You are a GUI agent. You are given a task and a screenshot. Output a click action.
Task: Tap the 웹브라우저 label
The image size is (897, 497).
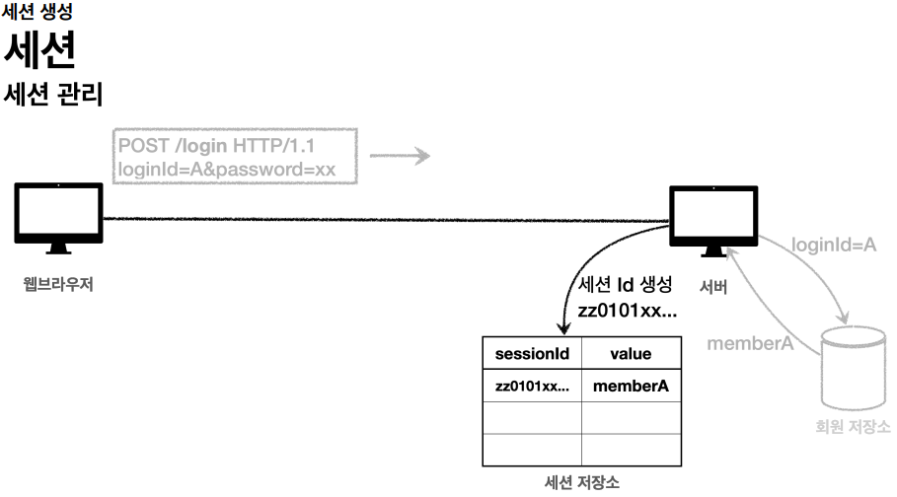tap(58, 285)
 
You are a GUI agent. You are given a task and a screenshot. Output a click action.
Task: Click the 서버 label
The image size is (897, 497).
tap(713, 288)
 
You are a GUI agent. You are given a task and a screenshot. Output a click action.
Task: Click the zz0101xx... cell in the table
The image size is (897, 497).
tap(532, 387)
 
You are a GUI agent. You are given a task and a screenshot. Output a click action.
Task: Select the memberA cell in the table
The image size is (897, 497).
tap(631, 387)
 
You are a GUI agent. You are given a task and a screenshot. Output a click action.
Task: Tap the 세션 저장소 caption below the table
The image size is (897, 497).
tap(582, 482)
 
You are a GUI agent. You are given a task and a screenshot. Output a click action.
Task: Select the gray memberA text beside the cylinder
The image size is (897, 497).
tap(751, 342)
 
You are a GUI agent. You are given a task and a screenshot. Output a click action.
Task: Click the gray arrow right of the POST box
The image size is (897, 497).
tap(400, 156)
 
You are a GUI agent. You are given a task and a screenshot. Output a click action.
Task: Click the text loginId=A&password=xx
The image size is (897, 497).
tap(227, 170)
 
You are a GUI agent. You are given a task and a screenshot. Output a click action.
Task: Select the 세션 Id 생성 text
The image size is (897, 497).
tap(626, 285)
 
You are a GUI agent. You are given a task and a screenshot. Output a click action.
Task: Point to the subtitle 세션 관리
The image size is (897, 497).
tap(54, 95)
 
